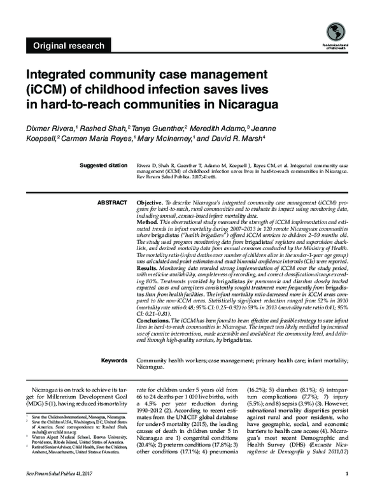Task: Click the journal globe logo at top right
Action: (x=335, y=31)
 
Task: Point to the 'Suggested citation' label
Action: (x=103, y=166)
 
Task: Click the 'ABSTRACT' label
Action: (x=112, y=202)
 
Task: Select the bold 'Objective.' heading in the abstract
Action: (x=152, y=202)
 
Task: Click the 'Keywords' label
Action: (x=114, y=361)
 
